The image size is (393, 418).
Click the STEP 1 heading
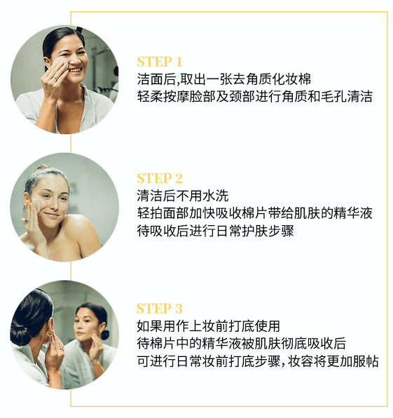(160, 62)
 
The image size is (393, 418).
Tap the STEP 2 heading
(160, 178)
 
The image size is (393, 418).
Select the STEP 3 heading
(160, 309)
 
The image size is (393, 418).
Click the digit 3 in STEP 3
(179, 309)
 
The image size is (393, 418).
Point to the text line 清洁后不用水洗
(183, 196)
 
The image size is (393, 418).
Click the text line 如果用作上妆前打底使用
(208, 326)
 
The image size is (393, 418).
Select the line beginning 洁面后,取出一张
(224, 79)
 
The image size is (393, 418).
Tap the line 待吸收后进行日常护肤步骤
(215, 231)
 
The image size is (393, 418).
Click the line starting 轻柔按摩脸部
(254, 97)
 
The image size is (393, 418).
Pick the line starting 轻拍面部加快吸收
(254, 213)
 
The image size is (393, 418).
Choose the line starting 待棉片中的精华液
(241, 344)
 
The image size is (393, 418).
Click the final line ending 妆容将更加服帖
(258, 361)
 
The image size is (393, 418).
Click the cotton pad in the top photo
(60, 65)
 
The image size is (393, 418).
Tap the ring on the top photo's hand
(55, 78)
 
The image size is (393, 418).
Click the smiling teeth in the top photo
(76, 70)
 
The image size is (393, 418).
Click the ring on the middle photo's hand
(27, 221)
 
